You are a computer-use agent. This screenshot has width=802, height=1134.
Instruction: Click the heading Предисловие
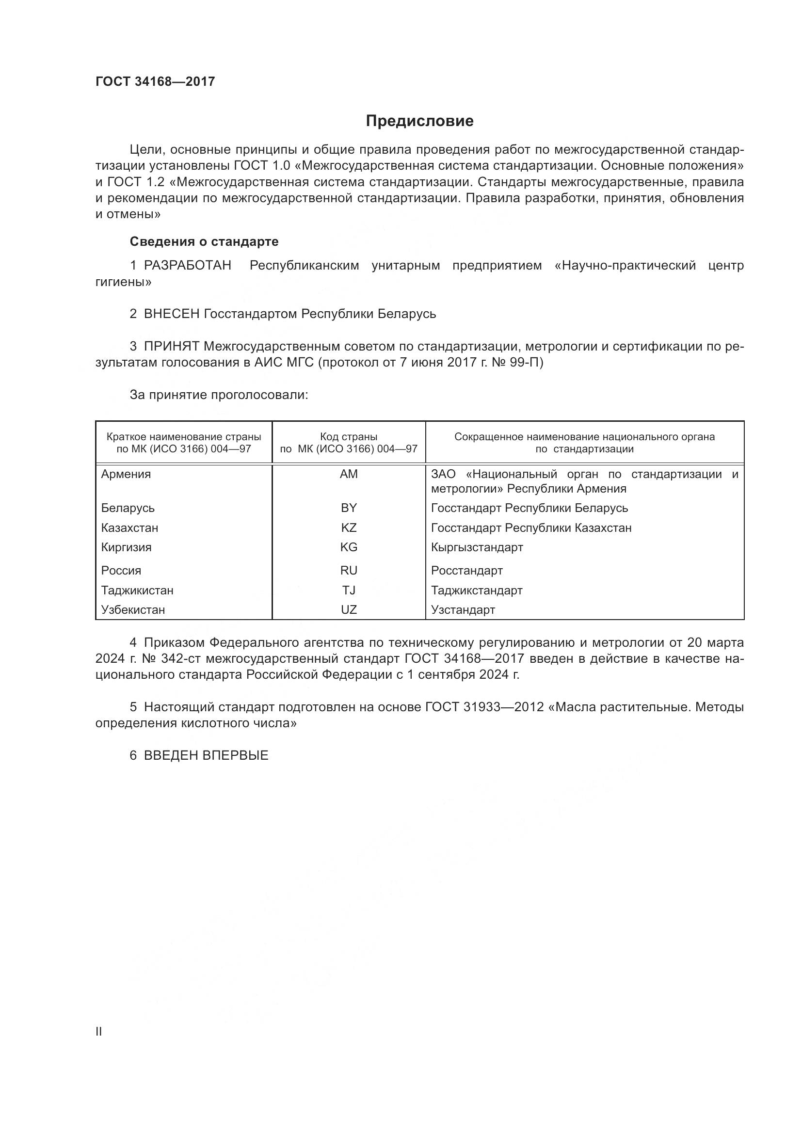[x=419, y=121]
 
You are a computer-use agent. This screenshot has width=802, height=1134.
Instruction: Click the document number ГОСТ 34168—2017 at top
[x=155, y=81]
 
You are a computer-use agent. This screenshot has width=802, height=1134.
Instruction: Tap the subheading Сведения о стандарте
[x=204, y=241]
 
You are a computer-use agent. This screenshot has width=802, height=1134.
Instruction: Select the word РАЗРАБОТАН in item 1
[x=187, y=266]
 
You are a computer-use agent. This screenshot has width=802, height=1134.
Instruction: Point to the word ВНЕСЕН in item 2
[x=171, y=314]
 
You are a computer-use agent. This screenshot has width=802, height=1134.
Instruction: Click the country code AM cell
[x=349, y=474]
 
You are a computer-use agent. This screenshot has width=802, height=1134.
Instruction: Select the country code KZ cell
[x=349, y=528]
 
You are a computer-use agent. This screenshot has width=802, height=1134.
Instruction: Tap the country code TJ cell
[x=349, y=590]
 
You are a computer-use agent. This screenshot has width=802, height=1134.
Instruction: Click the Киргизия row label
[x=127, y=547]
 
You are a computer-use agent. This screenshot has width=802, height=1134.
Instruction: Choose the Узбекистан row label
[x=133, y=609]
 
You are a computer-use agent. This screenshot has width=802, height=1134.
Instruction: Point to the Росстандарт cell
[x=466, y=571]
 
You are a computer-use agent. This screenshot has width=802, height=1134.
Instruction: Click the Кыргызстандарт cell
[x=477, y=547]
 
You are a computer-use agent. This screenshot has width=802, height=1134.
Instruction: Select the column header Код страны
[x=349, y=437]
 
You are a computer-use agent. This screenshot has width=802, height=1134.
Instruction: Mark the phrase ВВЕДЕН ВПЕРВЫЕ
[x=206, y=755]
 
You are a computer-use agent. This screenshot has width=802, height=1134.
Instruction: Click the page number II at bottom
[x=99, y=1032]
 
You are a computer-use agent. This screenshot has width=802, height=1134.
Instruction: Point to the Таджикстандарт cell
[x=477, y=590]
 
